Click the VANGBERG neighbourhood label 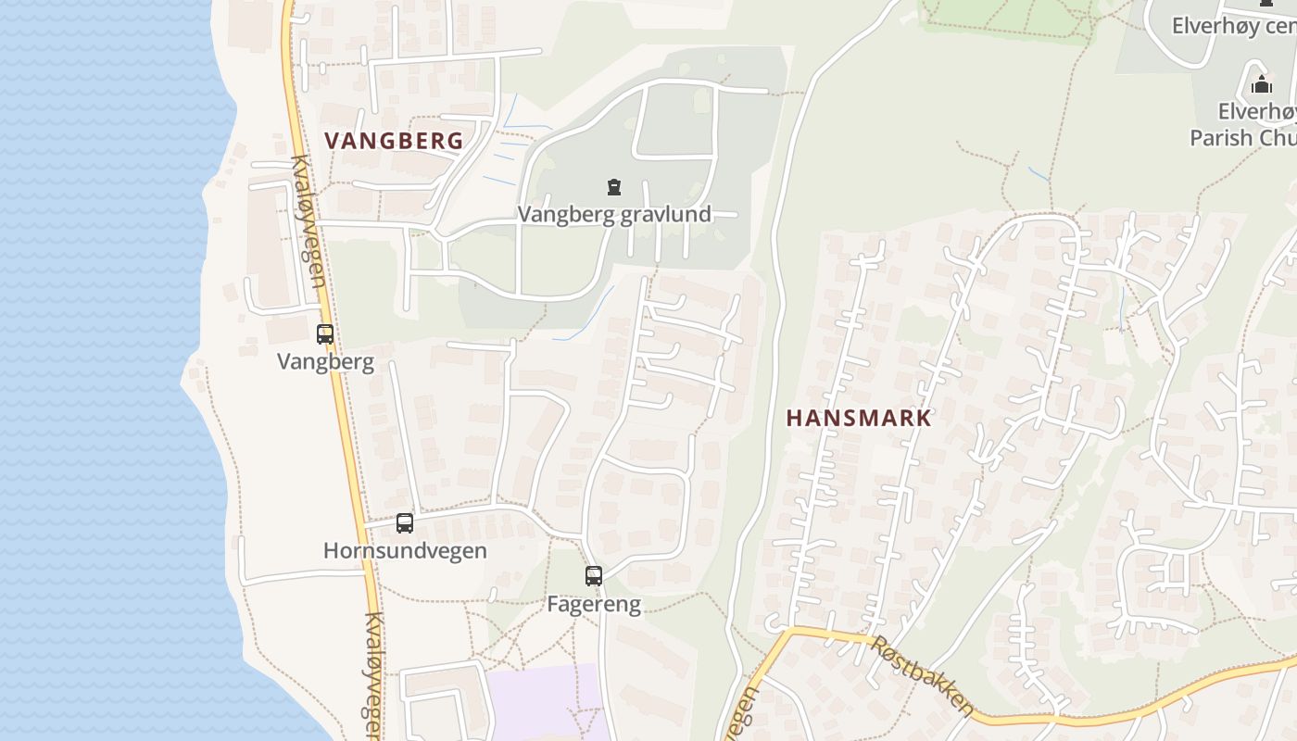(x=394, y=141)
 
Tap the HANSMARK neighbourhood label (x=859, y=418)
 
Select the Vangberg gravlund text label (x=614, y=214)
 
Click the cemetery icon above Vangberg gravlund (x=613, y=187)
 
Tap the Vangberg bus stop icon (x=325, y=334)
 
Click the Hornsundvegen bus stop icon (x=405, y=523)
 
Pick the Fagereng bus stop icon (x=594, y=576)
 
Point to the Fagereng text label (x=594, y=605)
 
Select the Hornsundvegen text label (x=405, y=550)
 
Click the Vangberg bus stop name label (x=325, y=361)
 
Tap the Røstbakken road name (x=922, y=674)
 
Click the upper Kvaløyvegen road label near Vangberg (x=309, y=220)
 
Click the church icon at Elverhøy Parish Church (x=1262, y=85)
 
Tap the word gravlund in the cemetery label (x=667, y=214)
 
